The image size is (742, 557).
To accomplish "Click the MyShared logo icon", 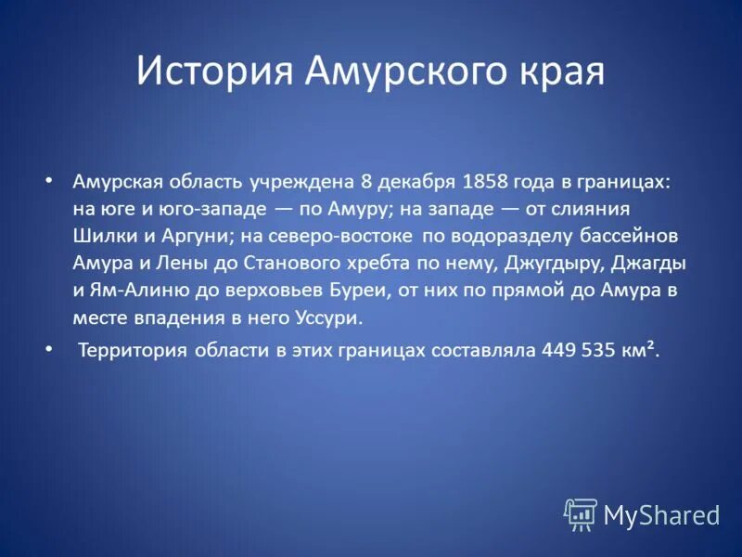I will point(582,513).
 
